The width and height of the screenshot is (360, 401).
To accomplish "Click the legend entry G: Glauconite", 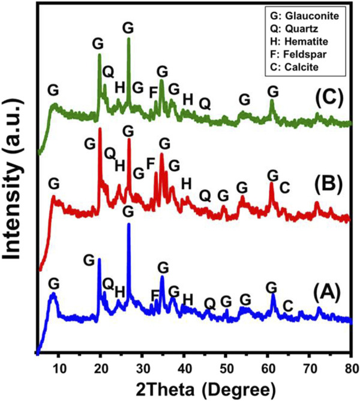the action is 305,16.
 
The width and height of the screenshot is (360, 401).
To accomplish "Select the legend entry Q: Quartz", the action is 294,29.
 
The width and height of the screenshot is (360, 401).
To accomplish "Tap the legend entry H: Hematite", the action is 299,41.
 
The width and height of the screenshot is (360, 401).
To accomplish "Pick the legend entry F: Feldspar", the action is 298,54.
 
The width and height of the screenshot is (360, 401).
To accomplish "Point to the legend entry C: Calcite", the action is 294,67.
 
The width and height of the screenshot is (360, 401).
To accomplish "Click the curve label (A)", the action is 327,293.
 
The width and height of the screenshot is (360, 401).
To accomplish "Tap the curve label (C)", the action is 329,98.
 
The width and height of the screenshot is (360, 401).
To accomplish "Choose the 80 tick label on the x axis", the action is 352,369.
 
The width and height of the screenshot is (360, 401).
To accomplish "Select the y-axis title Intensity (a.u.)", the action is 12,179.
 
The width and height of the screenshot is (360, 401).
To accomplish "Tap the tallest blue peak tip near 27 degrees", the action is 128,224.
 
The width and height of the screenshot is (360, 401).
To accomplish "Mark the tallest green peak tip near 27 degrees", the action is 128,38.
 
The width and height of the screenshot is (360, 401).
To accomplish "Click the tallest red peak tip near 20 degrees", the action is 100,128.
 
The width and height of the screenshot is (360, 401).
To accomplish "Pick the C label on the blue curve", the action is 288,306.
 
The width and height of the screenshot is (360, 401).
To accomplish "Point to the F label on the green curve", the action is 153,92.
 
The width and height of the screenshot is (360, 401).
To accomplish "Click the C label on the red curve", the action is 284,188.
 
